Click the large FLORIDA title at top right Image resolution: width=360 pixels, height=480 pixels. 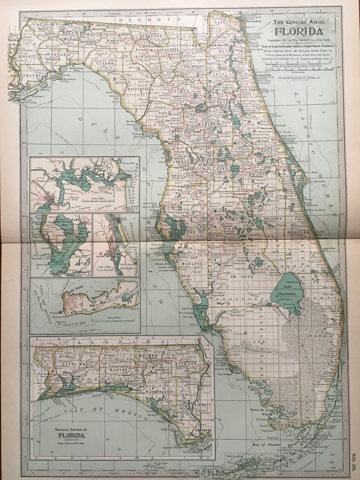pos(299,31)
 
